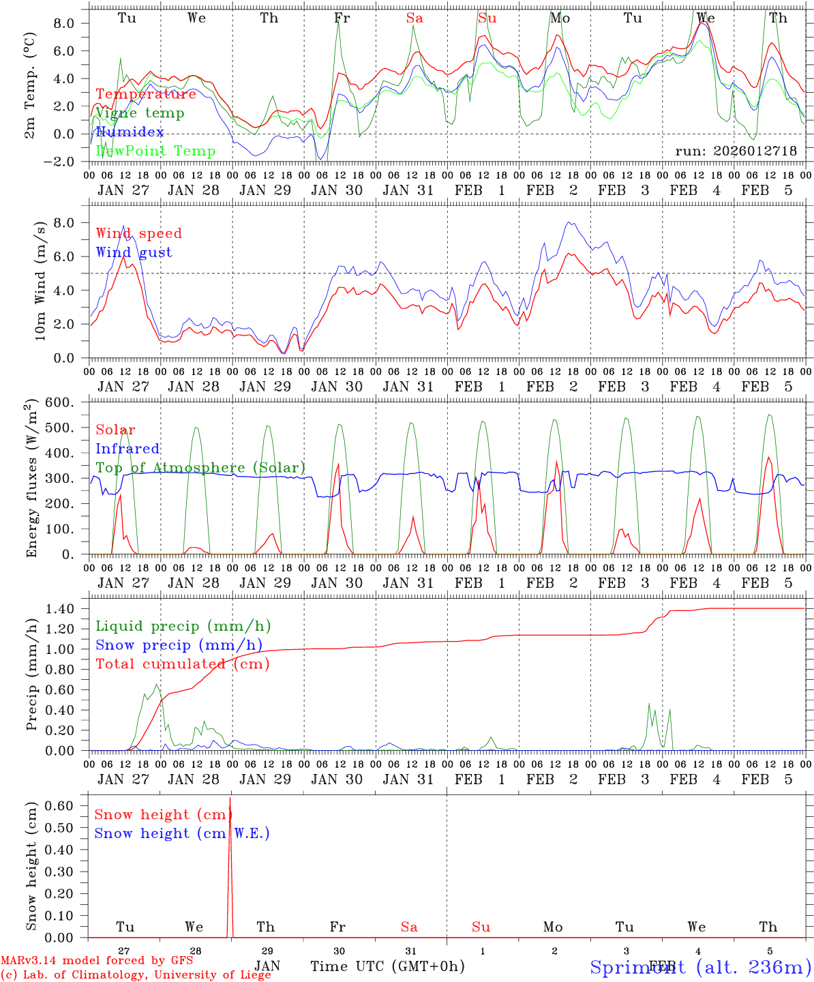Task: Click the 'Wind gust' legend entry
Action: [x=134, y=252]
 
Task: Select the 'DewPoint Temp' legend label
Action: [x=155, y=151]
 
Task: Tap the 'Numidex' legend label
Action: [x=130, y=132]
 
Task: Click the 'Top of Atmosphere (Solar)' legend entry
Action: [x=200, y=468]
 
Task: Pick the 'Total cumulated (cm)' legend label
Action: [x=183, y=664]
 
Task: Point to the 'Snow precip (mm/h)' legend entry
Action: [x=179, y=645]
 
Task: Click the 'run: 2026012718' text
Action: [x=736, y=151]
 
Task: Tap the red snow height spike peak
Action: [x=230, y=798]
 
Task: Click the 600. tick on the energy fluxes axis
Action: [x=69, y=402]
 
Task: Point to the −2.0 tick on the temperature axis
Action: [x=67, y=162]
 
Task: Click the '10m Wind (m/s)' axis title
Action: [x=40, y=280]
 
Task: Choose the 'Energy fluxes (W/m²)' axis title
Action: [x=31, y=479]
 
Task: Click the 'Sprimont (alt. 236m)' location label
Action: [x=699, y=966]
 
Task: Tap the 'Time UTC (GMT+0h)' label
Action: [x=387, y=966]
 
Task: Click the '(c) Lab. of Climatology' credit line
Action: [x=136, y=974]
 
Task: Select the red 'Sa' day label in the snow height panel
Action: [x=409, y=927]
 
